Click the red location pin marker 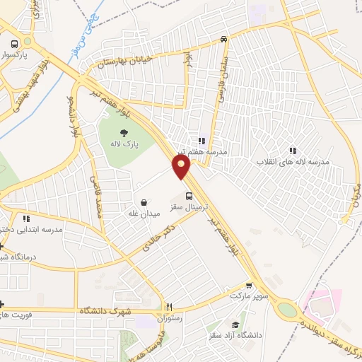(182, 165)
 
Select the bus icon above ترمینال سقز (189, 197)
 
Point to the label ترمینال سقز (185, 210)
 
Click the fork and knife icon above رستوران (169, 307)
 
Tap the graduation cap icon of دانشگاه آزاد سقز (234, 324)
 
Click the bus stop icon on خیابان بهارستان (223, 40)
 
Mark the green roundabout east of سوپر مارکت (287, 309)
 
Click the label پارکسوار (22, 53)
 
